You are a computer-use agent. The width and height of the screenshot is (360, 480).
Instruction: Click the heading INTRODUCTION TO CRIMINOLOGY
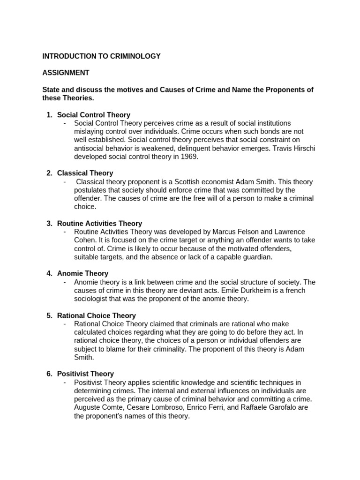click(x=101, y=56)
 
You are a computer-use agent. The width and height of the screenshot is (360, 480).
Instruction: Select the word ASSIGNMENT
click(x=66, y=73)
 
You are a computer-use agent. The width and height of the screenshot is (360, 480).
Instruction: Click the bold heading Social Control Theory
click(x=94, y=115)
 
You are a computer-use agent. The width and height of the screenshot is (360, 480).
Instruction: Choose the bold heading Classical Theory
click(x=85, y=173)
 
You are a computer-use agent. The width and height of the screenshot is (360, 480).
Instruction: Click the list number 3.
click(x=49, y=224)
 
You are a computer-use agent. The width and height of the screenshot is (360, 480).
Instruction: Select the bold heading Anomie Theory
click(x=82, y=273)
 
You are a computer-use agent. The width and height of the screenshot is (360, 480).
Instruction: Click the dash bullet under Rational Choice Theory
click(x=64, y=324)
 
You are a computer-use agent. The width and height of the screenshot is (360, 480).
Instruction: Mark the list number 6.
click(x=49, y=374)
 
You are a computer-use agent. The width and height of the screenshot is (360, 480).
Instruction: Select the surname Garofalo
click(x=277, y=407)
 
